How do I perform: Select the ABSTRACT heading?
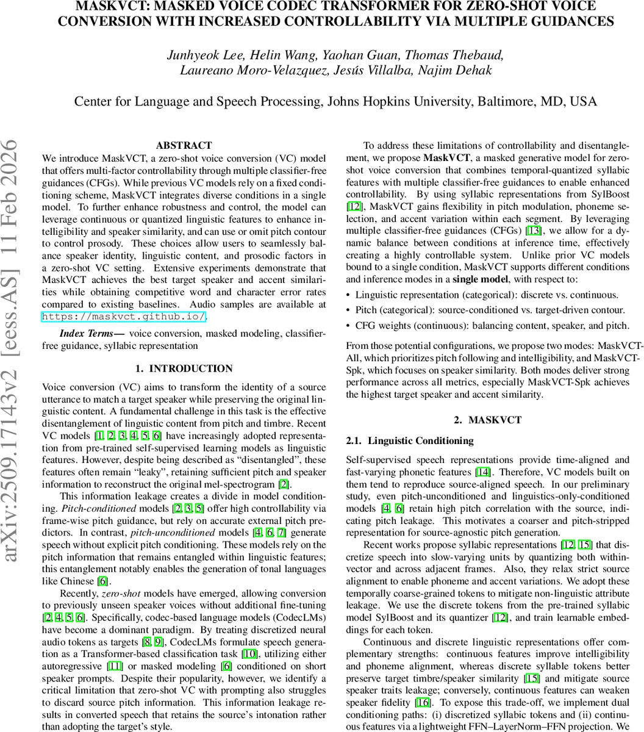coord(184,145)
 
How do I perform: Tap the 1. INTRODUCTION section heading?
coord(184,368)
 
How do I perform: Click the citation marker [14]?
coord(482,472)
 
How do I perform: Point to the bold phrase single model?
coord(480,279)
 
